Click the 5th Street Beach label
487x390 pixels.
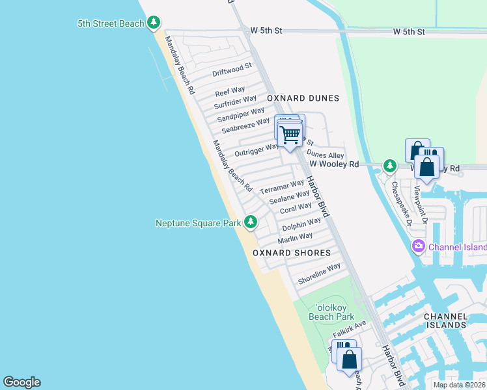point(110,24)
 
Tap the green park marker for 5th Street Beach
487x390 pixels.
point(154,24)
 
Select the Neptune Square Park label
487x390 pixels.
point(198,223)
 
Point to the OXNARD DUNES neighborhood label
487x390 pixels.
point(303,98)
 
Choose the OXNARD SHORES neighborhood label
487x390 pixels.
point(292,253)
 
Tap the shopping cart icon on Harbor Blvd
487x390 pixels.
point(290,135)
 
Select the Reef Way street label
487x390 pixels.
point(230,91)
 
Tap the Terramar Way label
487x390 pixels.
point(282,187)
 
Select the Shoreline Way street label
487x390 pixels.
point(319,274)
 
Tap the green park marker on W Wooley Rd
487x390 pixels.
point(389,166)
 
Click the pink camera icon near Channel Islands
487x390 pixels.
point(418,247)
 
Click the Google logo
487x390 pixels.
point(21,382)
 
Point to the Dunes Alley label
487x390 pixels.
point(326,155)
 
